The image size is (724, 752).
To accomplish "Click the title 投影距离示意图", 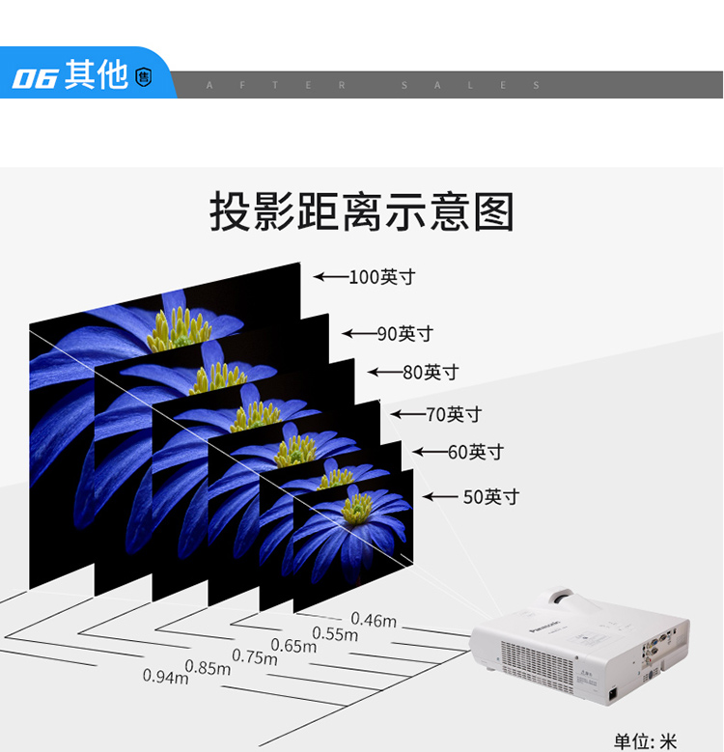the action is [x=362, y=212].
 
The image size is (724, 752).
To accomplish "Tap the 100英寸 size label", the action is [x=382, y=277].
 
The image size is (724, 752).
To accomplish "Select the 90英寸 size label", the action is [x=405, y=334].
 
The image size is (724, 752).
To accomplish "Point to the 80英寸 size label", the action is [x=431, y=372].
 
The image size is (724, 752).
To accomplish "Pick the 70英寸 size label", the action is [x=454, y=415].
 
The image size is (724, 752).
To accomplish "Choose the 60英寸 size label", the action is [x=476, y=452].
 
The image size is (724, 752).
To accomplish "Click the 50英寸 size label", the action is [x=491, y=497].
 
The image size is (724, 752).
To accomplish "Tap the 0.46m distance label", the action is [x=374, y=620].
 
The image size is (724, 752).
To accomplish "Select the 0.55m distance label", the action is [x=335, y=634].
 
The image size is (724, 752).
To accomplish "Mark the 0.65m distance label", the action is [x=293, y=646].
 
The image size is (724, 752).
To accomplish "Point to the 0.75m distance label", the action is [x=255, y=656].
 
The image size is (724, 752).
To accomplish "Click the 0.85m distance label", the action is [x=208, y=667].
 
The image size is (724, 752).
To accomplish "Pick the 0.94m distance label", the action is [x=166, y=677].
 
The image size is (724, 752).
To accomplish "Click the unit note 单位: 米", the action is [x=646, y=741].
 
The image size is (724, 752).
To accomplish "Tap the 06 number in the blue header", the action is [x=35, y=77].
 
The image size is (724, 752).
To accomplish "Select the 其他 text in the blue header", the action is [x=97, y=75].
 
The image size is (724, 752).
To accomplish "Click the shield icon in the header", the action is [x=144, y=77].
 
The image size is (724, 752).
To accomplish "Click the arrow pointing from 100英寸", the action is [x=330, y=277].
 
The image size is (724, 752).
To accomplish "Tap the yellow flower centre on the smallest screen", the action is [x=358, y=509].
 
